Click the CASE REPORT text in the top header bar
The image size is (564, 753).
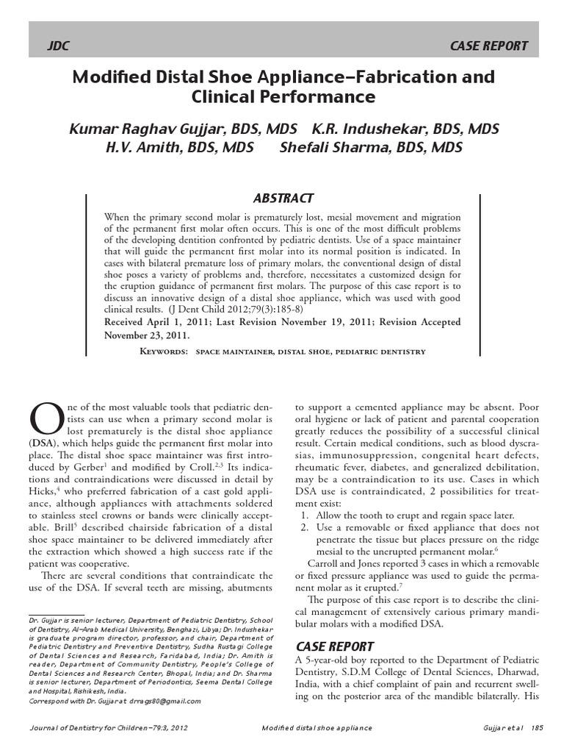click(x=489, y=46)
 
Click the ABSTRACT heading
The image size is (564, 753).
click(x=283, y=198)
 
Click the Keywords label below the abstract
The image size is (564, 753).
click(x=165, y=351)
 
